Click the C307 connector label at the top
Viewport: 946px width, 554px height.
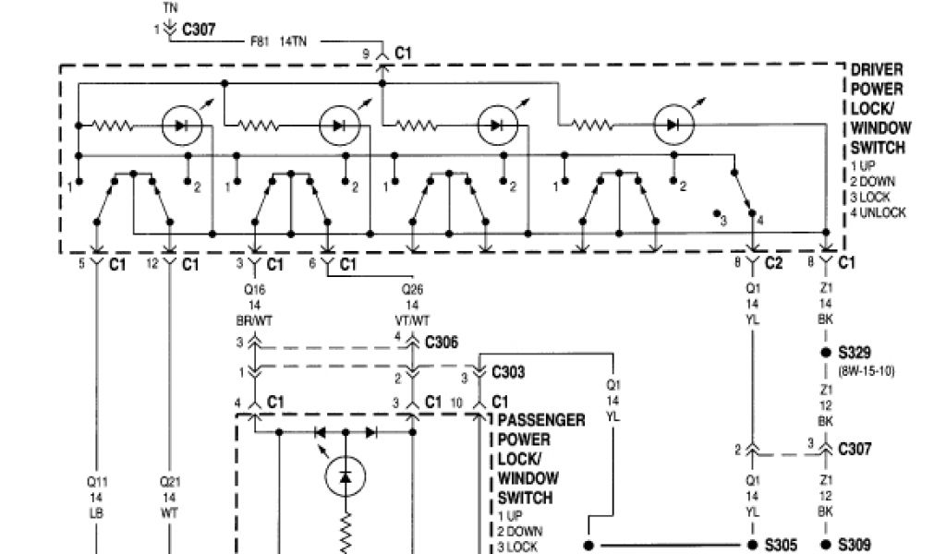click(199, 30)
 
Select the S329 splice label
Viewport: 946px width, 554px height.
click(854, 353)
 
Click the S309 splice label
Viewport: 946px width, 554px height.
click(854, 545)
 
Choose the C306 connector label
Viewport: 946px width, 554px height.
click(441, 342)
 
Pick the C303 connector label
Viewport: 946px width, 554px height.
click(509, 373)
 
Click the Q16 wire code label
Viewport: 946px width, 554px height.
click(255, 288)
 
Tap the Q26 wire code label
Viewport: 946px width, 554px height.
click(412, 288)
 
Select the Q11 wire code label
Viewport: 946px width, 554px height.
click(98, 480)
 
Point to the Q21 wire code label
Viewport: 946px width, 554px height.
click(169, 480)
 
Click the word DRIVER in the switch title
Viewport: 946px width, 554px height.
click(877, 70)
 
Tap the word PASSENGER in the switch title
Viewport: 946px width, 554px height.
click(541, 421)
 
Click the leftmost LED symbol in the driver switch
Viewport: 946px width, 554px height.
click(181, 125)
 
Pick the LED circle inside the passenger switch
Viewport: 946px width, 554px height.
click(346, 476)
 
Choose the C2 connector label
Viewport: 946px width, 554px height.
click(774, 264)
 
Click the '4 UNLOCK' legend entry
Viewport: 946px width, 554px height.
click(878, 212)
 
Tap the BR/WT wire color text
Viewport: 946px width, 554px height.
click(255, 319)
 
